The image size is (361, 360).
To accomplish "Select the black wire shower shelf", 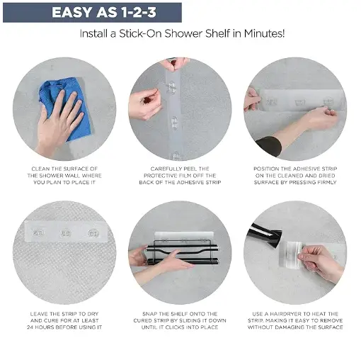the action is point(182,252).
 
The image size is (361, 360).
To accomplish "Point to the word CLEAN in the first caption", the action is point(40,169).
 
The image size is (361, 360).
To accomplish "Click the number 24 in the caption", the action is point(30,327).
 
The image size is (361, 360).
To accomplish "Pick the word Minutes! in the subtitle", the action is point(264,33).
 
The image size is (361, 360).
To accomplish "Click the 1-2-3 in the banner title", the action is point(139,12).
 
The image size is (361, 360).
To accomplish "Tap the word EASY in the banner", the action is point(73,12).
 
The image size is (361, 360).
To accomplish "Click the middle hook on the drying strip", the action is point(65,233).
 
